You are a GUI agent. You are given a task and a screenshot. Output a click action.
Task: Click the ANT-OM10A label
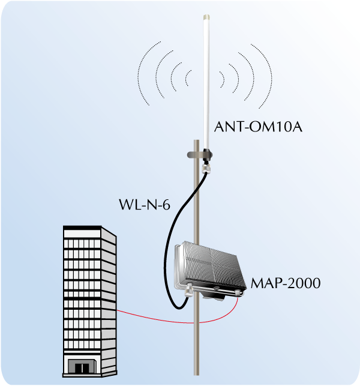[x=249, y=127]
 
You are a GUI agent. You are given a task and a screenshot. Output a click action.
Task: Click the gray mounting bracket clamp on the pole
[x=199, y=156]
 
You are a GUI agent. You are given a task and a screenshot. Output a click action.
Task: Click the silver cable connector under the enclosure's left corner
[x=188, y=293]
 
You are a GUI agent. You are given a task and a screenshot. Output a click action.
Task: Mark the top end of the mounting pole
[x=197, y=142]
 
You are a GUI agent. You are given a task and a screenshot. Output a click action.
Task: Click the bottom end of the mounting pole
[x=197, y=372]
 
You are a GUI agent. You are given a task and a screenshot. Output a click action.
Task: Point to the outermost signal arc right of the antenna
[x=269, y=75]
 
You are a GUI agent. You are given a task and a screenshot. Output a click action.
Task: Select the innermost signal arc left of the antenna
[x=187, y=77]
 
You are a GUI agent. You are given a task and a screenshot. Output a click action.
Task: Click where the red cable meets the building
[x=118, y=311]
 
